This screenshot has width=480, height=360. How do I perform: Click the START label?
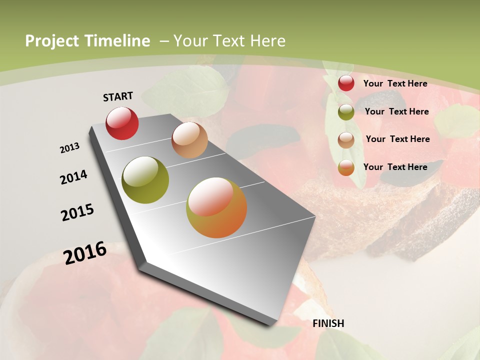click(118, 96)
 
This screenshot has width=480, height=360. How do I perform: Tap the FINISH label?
click(328, 323)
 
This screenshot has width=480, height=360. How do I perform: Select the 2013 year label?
click(69, 148)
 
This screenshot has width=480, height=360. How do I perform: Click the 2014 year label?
click(73, 177)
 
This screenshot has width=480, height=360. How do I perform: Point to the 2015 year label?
click(77, 212)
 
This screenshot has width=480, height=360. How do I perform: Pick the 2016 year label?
click(85, 253)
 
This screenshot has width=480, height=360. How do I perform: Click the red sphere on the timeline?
click(122, 123)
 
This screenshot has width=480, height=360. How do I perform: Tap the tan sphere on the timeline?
click(189, 140)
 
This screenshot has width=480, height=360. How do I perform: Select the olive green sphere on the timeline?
click(145, 180)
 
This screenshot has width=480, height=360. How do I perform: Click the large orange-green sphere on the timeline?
click(216, 207)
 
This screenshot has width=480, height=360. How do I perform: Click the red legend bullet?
click(346, 83)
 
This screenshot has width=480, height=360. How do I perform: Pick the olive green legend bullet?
click(346, 112)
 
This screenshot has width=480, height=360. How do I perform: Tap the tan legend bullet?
click(346, 139)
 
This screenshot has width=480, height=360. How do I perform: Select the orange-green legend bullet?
click(346, 167)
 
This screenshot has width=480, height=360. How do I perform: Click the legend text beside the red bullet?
click(395, 83)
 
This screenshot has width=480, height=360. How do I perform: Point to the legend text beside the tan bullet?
click(397, 139)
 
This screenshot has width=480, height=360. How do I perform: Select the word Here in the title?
click(268, 41)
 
